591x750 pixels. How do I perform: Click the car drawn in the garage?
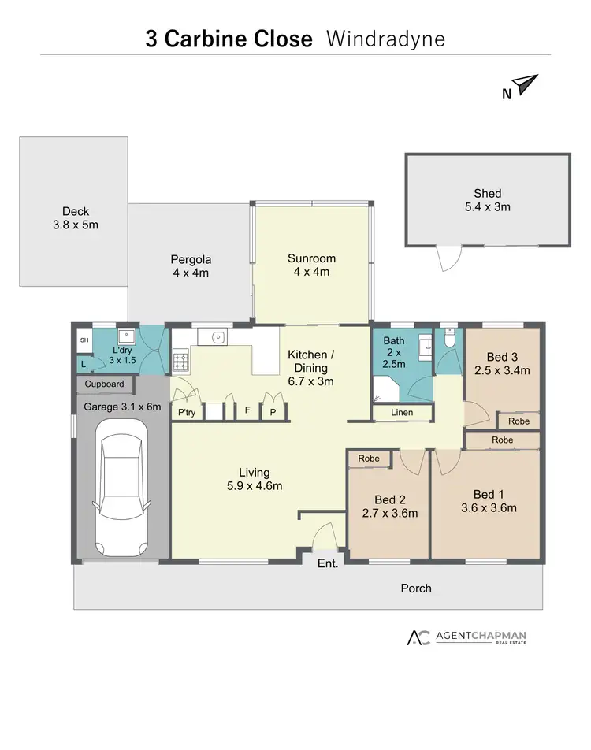pyautogui.click(x=121, y=486)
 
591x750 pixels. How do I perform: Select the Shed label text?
pyautogui.click(x=487, y=193)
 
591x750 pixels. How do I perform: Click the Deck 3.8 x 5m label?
pyautogui.click(x=76, y=217)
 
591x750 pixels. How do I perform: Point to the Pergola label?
pyautogui.click(x=191, y=265)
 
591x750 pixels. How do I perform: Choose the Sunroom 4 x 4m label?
pyautogui.click(x=311, y=265)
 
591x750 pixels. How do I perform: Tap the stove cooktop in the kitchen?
pyautogui.click(x=180, y=362)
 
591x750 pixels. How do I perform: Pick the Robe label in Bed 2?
pyautogui.click(x=369, y=458)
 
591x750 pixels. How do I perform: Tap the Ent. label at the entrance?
pyautogui.click(x=327, y=564)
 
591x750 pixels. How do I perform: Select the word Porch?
pyautogui.click(x=416, y=588)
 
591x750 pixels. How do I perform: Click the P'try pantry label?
pyautogui.click(x=187, y=412)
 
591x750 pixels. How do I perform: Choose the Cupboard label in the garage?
pyautogui.click(x=105, y=384)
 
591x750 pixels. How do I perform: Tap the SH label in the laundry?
pyautogui.click(x=84, y=340)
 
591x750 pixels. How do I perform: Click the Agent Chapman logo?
pyautogui.click(x=466, y=637)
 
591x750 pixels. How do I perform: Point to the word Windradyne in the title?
pyautogui.click(x=385, y=39)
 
